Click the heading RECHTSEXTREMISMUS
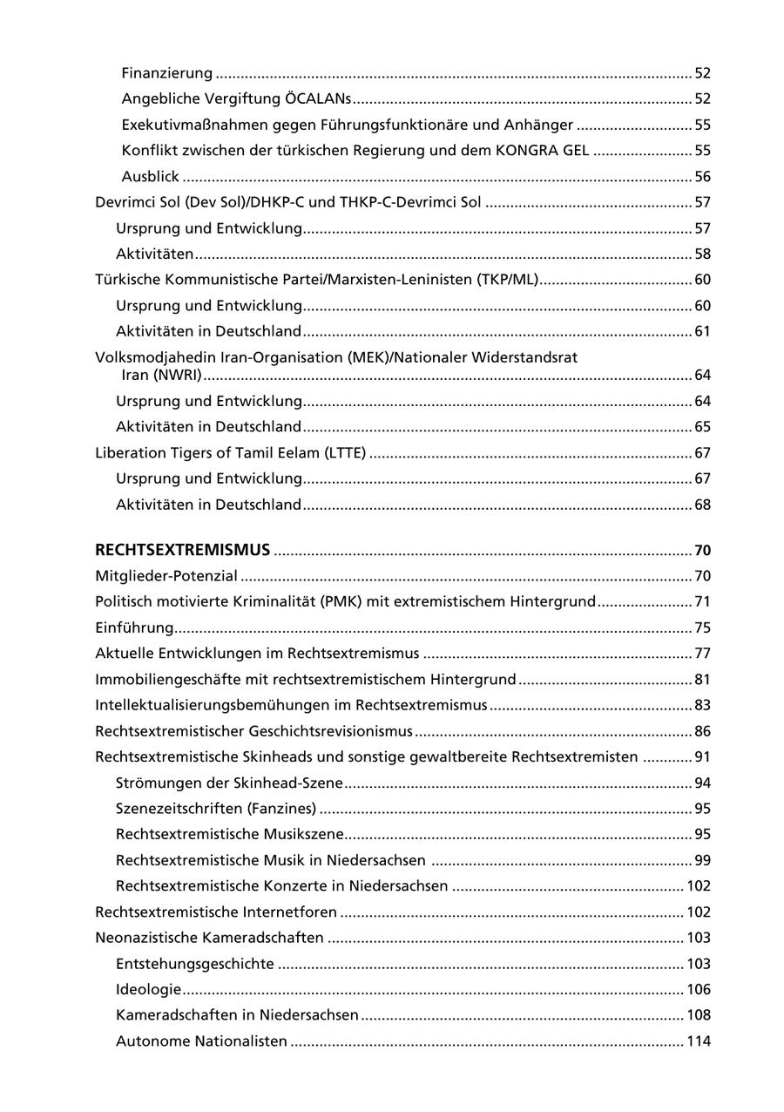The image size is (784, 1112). (x=182, y=550)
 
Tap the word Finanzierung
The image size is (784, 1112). (x=166, y=73)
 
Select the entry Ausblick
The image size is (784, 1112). (x=150, y=177)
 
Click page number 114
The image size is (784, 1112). (x=699, y=1041)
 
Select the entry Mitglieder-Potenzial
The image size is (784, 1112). (x=166, y=576)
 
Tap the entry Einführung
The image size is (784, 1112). (x=134, y=628)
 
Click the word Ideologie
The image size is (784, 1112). (x=148, y=990)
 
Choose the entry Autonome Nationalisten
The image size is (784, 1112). (x=201, y=1041)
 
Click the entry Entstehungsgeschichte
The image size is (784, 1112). (x=194, y=964)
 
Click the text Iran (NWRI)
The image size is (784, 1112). (x=162, y=376)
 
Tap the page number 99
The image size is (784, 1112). (x=702, y=861)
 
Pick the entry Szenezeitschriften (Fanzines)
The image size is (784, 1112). (x=215, y=809)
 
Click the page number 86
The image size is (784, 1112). (x=702, y=731)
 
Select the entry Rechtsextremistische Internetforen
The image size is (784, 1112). (x=215, y=912)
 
